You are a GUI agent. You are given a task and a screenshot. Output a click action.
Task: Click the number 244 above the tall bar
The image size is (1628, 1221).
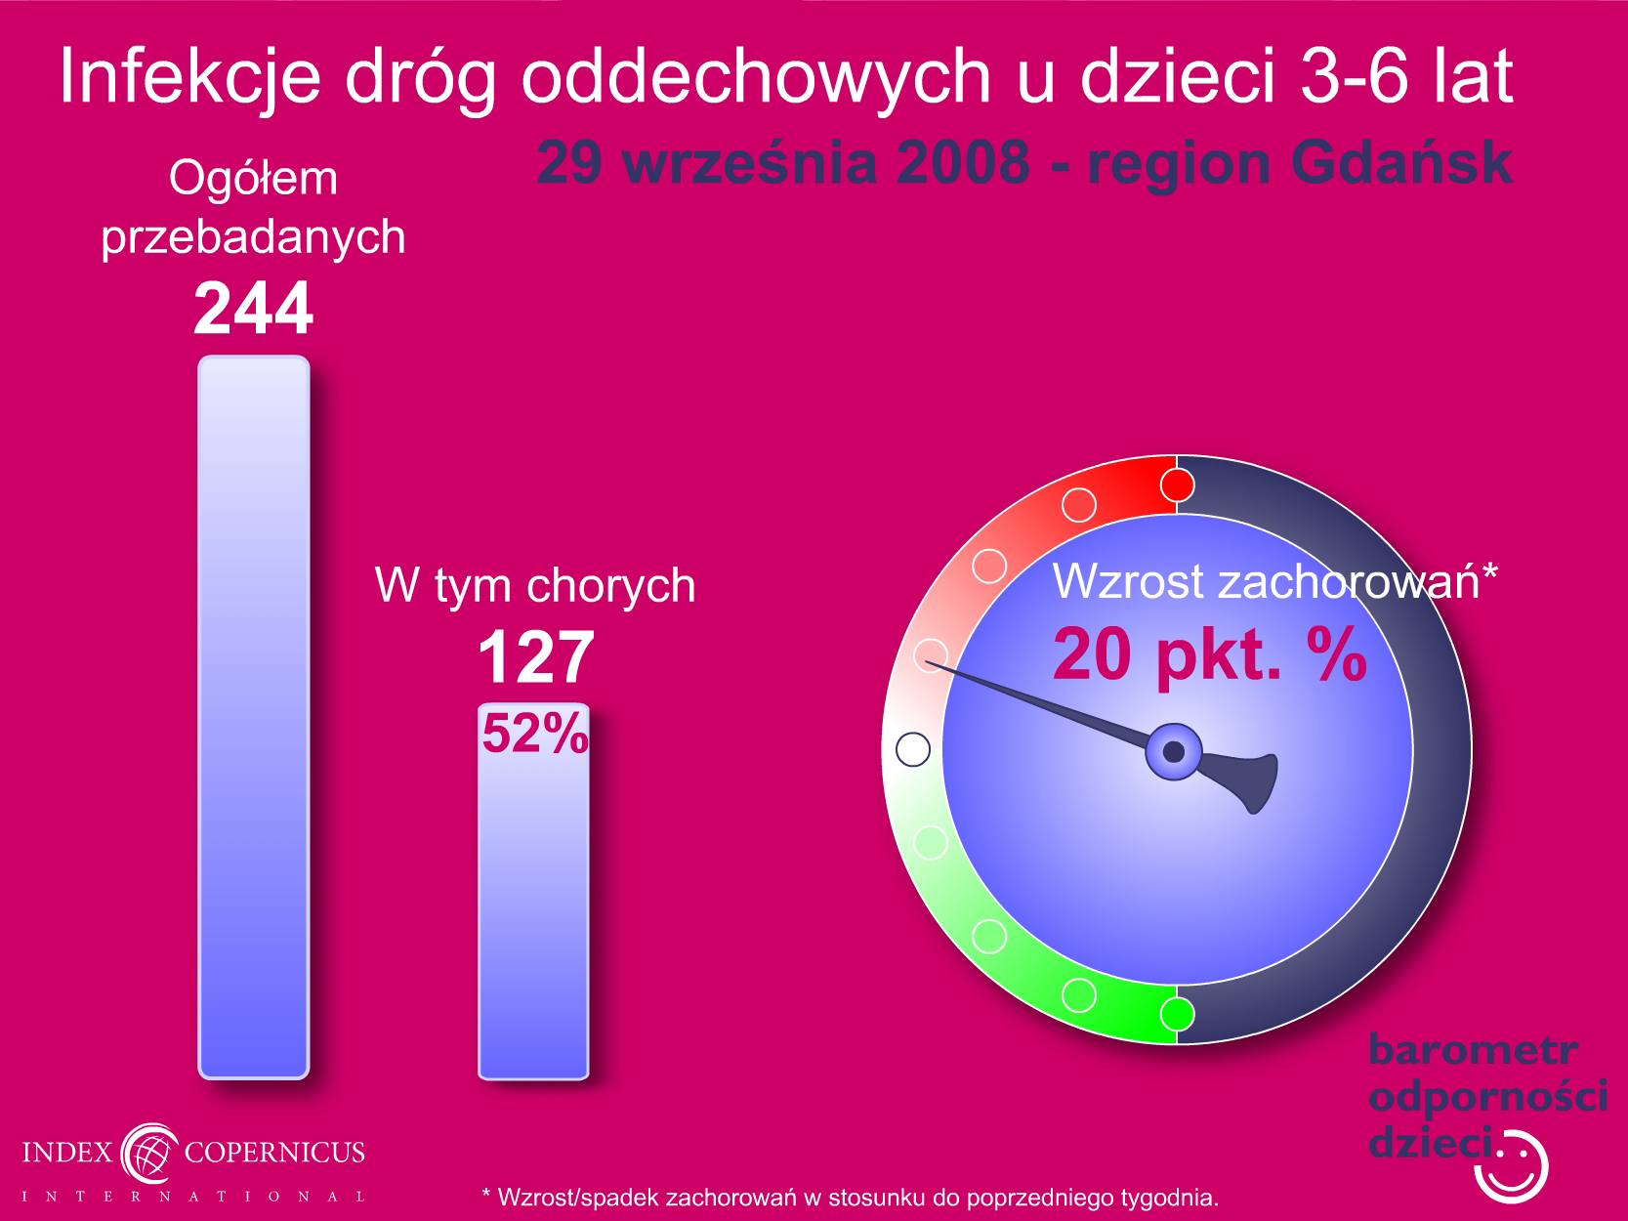coord(254,308)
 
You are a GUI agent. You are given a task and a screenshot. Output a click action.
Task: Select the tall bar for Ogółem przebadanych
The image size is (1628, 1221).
coord(254,717)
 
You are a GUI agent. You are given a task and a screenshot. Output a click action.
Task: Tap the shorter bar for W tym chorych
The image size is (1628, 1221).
coord(533,891)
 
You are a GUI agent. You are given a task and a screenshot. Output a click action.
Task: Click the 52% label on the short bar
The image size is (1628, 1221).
coord(535,733)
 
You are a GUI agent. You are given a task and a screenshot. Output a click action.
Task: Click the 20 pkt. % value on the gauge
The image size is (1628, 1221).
coord(1210,654)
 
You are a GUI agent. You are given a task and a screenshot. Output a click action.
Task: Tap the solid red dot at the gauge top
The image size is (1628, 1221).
coord(1177,485)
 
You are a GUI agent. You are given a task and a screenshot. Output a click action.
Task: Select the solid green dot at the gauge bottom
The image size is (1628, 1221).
coord(1177,1014)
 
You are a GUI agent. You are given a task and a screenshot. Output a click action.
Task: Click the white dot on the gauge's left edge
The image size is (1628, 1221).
coord(913,749)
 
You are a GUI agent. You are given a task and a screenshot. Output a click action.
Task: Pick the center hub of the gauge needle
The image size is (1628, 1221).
coord(1174,752)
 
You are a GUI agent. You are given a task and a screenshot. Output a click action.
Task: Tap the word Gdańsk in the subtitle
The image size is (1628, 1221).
coord(1401,163)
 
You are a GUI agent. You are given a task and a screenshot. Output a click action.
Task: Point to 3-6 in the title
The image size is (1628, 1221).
coord(1354,75)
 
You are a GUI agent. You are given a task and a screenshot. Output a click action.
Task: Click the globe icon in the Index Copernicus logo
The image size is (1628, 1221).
coord(149,1154)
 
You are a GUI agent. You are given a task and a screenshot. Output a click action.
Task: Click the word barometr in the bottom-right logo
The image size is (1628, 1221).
coord(1473,1050)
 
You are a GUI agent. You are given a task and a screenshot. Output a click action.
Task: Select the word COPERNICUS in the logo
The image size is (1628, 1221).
coord(274,1153)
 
